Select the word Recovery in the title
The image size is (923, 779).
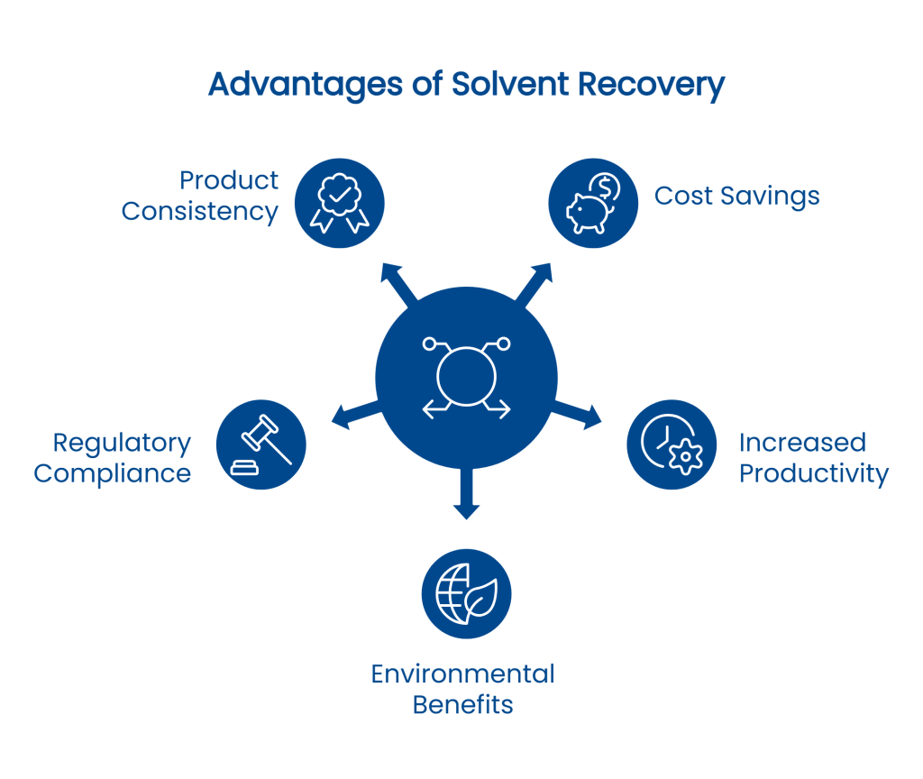click(651, 85)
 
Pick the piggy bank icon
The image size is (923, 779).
click(594, 203)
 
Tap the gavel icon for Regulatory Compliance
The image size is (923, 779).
click(261, 444)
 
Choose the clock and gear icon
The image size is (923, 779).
click(672, 444)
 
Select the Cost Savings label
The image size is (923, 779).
click(736, 196)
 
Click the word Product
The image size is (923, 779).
click(229, 180)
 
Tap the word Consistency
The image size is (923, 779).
click(200, 212)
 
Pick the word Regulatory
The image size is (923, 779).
click(123, 443)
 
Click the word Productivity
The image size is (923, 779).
click(814, 473)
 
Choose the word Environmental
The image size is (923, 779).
click(462, 674)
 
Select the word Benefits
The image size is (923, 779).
click(462, 704)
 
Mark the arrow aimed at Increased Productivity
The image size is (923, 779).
click(581, 411)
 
